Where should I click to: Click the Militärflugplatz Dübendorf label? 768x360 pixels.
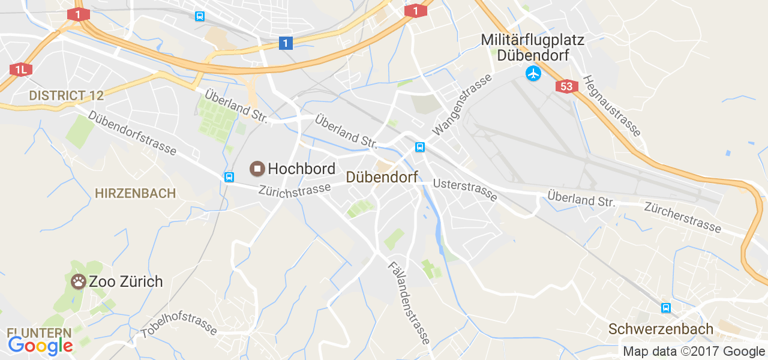click(x=532, y=47)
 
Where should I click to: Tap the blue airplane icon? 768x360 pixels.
click(x=533, y=74)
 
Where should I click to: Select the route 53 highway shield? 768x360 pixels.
click(x=566, y=86)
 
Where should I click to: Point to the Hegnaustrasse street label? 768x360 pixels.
click(x=612, y=106)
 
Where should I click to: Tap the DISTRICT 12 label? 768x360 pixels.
click(x=66, y=95)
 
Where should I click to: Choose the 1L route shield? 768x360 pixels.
click(x=20, y=70)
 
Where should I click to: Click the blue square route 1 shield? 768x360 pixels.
click(x=286, y=43)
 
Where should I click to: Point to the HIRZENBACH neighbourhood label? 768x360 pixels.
click(x=135, y=193)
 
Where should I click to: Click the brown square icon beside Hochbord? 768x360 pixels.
click(x=258, y=169)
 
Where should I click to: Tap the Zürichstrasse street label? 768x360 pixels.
click(x=294, y=190)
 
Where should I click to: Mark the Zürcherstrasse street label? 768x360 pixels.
click(x=682, y=217)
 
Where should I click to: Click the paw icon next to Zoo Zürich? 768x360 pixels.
click(x=79, y=281)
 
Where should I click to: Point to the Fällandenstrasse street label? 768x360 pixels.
click(x=409, y=303)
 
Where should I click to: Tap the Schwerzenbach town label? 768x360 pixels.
click(x=661, y=329)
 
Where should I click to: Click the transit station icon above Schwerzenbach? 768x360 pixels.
click(x=665, y=308)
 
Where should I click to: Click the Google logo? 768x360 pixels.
click(x=40, y=346)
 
